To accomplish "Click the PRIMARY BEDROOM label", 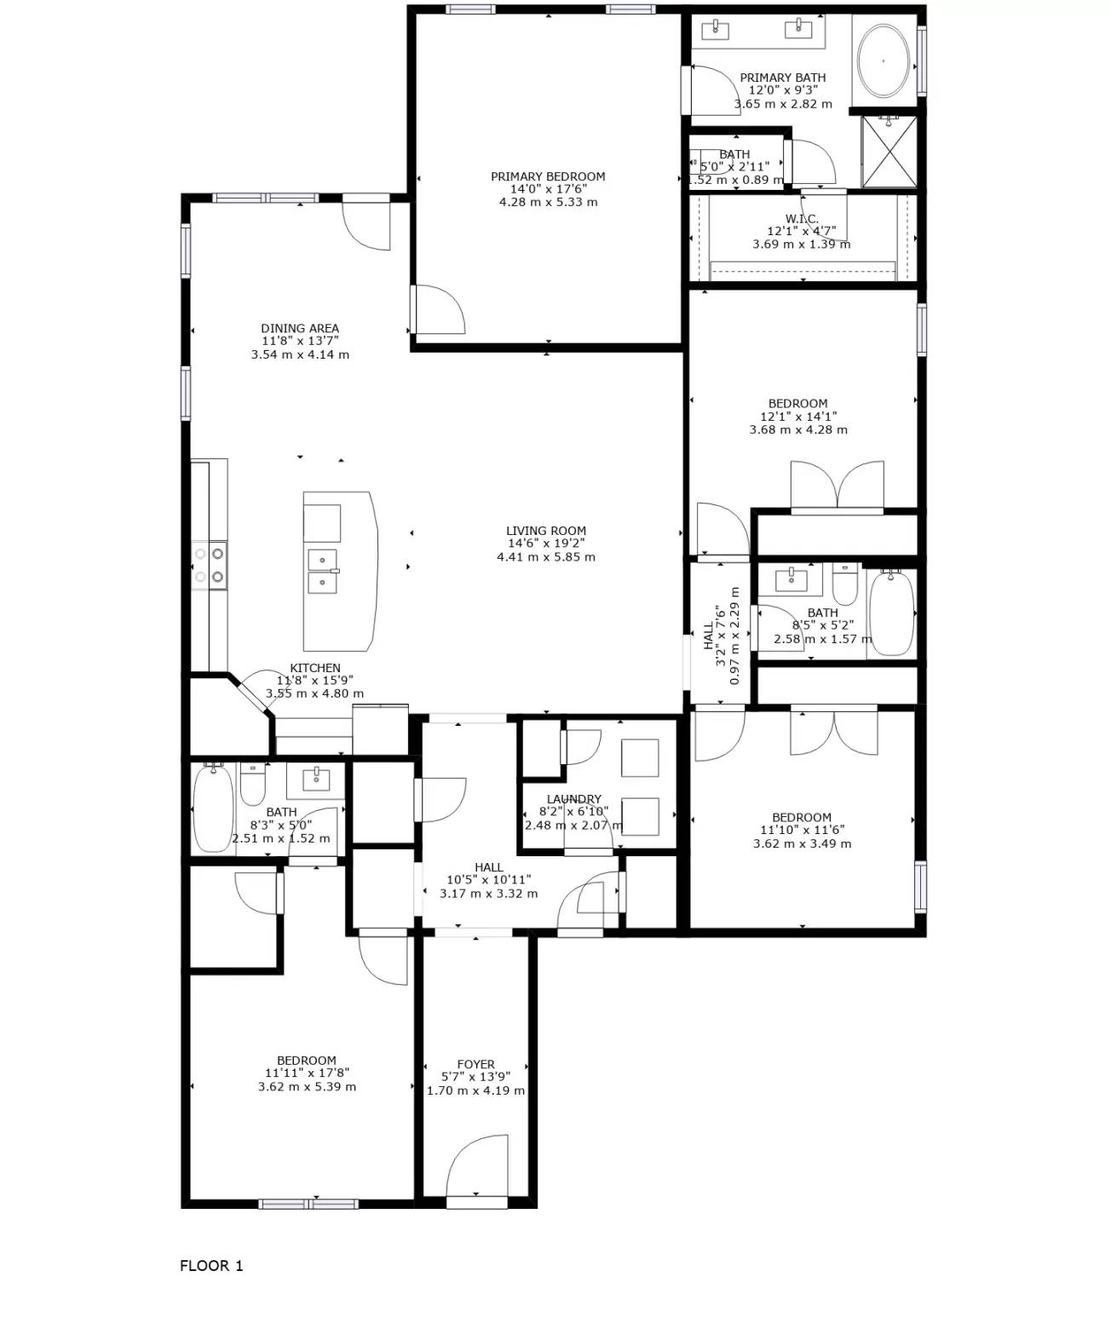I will pyautogui.click(x=548, y=176).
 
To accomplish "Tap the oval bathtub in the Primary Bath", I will pyautogui.click(x=883, y=61).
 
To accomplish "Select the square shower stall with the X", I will pyautogui.click(x=889, y=152).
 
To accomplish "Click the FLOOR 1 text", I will pyautogui.click(x=211, y=1266).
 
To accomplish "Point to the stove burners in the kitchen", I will pyautogui.click(x=210, y=566).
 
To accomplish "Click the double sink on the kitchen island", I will pyautogui.click(x=322, y=572).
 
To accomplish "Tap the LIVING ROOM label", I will pyautogui.click(x=546, y=531).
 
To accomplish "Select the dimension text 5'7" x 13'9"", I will pyautogui.click(x=475, y=1077).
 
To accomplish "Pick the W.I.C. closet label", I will pyautogui.click(x=802, y=219).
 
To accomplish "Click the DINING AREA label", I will pyautogui.click(x=300, y=328).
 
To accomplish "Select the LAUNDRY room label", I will pyautogui.click(x=573, y=799).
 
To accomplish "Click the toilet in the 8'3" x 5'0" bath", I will pyautogui.click(x=253, y=785).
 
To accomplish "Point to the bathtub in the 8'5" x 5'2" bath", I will pyautogui.click(x=891, y=613).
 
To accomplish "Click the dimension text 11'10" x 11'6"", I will pyautogui.click(x=802, y=830).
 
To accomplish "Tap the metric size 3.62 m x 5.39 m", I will pyautogui.click(x=307, y=1087).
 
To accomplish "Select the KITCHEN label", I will pyautogui.click(x=315, y=668).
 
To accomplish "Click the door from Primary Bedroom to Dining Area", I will pyautogui.click(x=438, y=309).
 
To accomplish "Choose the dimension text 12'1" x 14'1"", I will pyautogui.click(x=798, y=417).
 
